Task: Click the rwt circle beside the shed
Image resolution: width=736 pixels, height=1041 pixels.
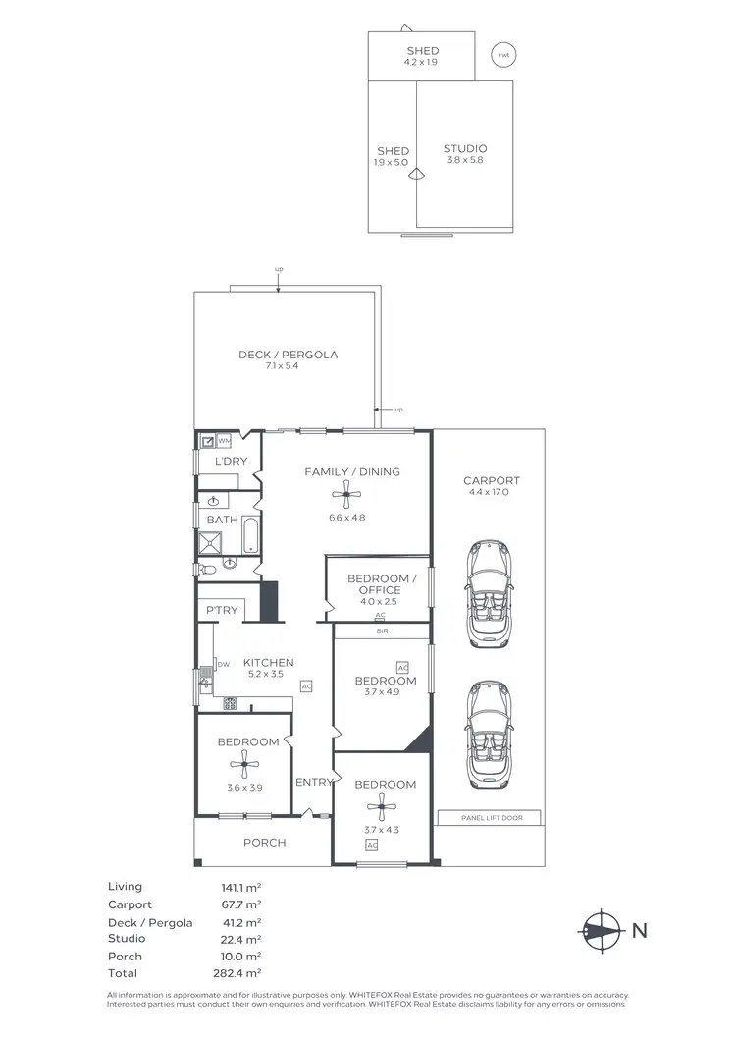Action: tap(504, 55)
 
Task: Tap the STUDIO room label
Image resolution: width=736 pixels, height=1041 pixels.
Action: tap(464, 149)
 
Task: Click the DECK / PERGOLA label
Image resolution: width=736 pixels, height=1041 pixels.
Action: tap(288, 355)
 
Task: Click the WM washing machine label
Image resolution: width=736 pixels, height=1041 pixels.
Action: tap(225, 441)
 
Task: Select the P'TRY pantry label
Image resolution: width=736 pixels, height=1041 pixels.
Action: tap(222, 611)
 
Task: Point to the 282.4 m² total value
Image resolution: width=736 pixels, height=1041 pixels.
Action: tap(241, 973)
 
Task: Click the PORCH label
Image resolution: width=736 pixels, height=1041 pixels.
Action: tap(264, 843)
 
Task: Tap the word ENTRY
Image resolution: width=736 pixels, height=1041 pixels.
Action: tap(314, 782)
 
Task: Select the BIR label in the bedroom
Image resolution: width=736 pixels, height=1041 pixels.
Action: tap(382, 632)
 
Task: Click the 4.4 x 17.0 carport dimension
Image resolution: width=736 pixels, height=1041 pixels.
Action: tap(491, 494)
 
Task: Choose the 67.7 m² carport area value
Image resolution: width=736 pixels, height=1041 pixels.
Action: tap(241, 904)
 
